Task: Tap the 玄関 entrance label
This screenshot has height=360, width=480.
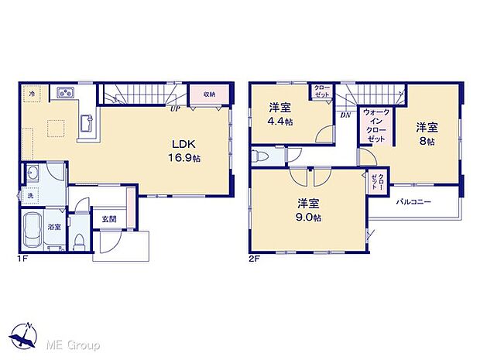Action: [x=108, y=219]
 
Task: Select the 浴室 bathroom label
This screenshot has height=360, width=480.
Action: [x=53, y=227]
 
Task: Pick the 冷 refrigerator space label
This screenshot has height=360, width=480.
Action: [x=32, y=94]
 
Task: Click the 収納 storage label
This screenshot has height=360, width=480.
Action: [x=209, y=94]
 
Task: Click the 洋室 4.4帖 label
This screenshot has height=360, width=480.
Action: [x=280, y=114]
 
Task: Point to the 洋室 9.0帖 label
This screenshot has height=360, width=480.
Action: [x=307, y=210]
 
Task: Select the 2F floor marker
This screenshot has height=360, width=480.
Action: [x=255, y=258]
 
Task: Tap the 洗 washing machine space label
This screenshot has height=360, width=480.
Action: [x=32, y=195]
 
